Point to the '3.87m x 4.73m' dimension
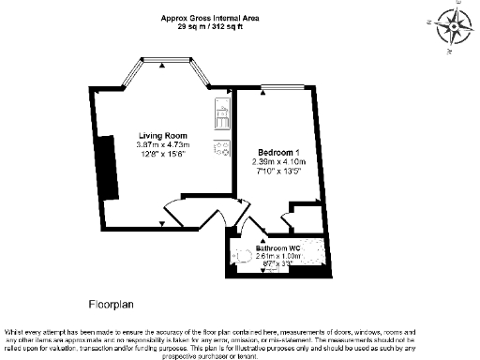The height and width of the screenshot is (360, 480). point(163,145)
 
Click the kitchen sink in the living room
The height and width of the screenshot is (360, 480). point(222,118)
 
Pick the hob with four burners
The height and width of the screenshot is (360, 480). point(222,146)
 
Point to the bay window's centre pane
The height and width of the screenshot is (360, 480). point(162,62)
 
